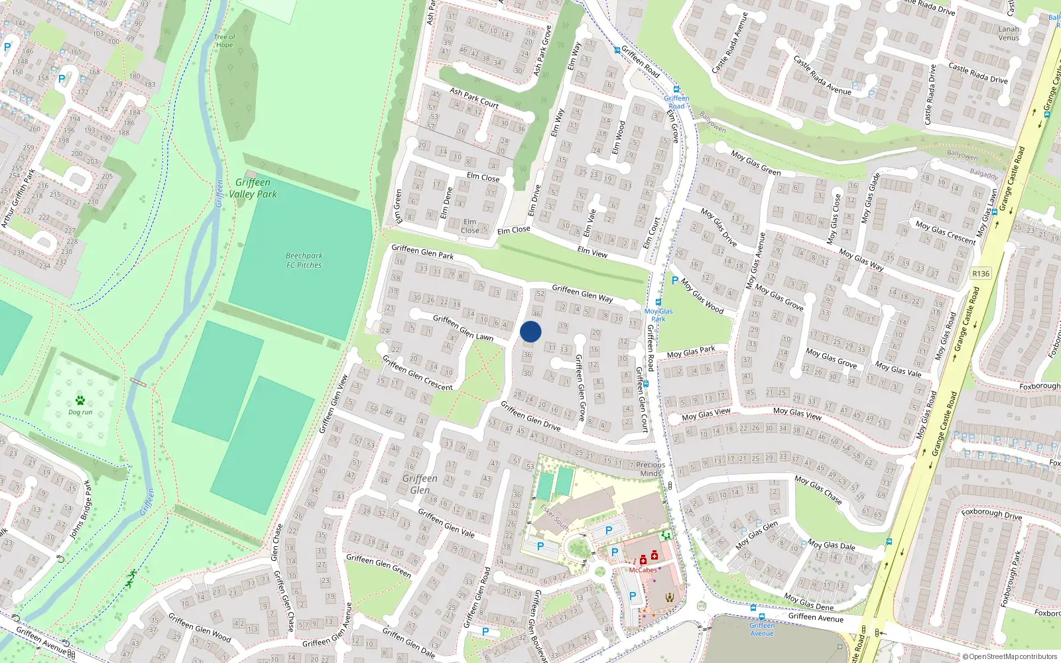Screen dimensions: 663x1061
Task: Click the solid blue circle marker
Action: click(x=530, y=331)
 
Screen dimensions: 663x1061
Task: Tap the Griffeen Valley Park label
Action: click(x=253, y=188)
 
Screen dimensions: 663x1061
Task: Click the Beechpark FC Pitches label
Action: click(x=304, y=261)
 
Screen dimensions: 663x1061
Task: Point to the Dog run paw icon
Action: click(x=80, y=400)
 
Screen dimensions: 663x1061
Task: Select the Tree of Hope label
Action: click(x=225, y=41)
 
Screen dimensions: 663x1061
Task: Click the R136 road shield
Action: click(x=980, y=274)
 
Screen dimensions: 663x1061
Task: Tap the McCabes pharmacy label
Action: click(x=643, y=570)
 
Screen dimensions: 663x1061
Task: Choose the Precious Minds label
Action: click(x=651, y=469)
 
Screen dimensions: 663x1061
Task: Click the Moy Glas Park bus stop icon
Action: click(x=658, y=302)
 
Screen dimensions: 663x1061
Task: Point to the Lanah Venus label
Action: click(x=1009, y=33)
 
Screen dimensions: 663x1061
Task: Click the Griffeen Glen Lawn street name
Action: click(x=463, y=328)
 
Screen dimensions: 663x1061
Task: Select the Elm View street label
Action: click(x=592, y=252)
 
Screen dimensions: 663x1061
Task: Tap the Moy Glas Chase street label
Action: click(x=818, y=489)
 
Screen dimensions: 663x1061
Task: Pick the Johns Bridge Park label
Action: click(x=80, y=510)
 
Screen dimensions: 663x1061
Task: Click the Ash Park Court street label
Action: click(x=473, y=98)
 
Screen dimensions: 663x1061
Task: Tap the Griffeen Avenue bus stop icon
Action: click(x=753, y=608)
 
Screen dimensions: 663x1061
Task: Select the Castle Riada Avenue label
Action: click(x=822, y=74)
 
